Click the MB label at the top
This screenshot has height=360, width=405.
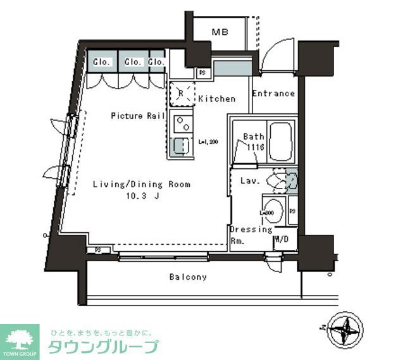[220, 32]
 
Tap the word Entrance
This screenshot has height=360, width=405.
[273, 94]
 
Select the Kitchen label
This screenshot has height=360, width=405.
[216, 99]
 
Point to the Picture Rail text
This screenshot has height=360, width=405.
[138, 116]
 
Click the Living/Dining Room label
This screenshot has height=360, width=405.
[142, 185]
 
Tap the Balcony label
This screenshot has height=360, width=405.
[187, 277]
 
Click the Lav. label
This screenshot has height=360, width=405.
[247, 181]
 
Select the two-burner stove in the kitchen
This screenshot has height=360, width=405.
[180, 120]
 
